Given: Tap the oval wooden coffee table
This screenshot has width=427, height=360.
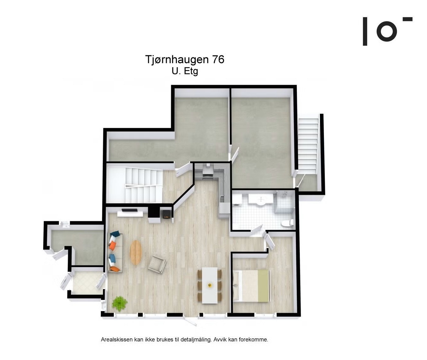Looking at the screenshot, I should click(136, 252).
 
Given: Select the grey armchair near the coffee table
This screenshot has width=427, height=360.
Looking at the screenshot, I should click(157, 264).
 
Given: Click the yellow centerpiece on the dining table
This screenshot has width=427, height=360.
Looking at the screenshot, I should click(210, 285).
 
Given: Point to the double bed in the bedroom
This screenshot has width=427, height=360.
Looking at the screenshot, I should click(252, 286).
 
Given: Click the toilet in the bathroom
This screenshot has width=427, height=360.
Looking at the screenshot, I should click(288, 223).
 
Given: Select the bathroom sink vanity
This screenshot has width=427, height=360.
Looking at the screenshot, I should click(261, 200).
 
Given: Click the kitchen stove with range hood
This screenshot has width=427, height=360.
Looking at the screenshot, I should click(207, 172).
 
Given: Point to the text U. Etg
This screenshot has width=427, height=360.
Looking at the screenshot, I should click(185, 71).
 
